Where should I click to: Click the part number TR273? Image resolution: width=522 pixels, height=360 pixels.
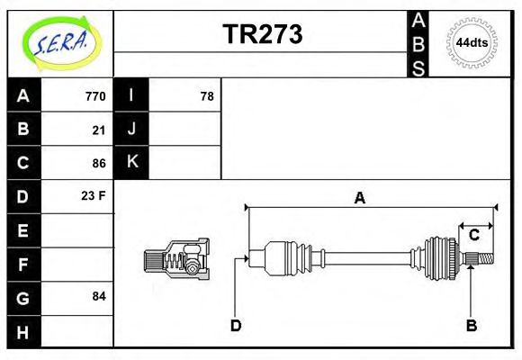pos(262,35)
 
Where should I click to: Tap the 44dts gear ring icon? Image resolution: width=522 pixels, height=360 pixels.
pos(472,43)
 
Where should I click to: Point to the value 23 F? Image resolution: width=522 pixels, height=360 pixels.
pos(94,196)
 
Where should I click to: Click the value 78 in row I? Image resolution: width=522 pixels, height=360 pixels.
pos(206,96)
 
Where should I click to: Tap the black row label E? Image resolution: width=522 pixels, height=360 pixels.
pos(23,230)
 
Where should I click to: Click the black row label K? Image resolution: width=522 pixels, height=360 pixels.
pos(131,163)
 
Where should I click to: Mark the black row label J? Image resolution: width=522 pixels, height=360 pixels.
pos(131,130)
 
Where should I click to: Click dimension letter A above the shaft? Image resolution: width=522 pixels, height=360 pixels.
pos(359,199)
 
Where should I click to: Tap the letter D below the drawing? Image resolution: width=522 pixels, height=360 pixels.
pos(236,325)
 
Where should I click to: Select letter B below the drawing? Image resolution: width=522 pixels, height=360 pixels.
pos(471,325)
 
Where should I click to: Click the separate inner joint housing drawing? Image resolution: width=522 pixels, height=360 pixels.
pos(177,259)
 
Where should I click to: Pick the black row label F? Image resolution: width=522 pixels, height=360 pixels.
pos(23,264)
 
